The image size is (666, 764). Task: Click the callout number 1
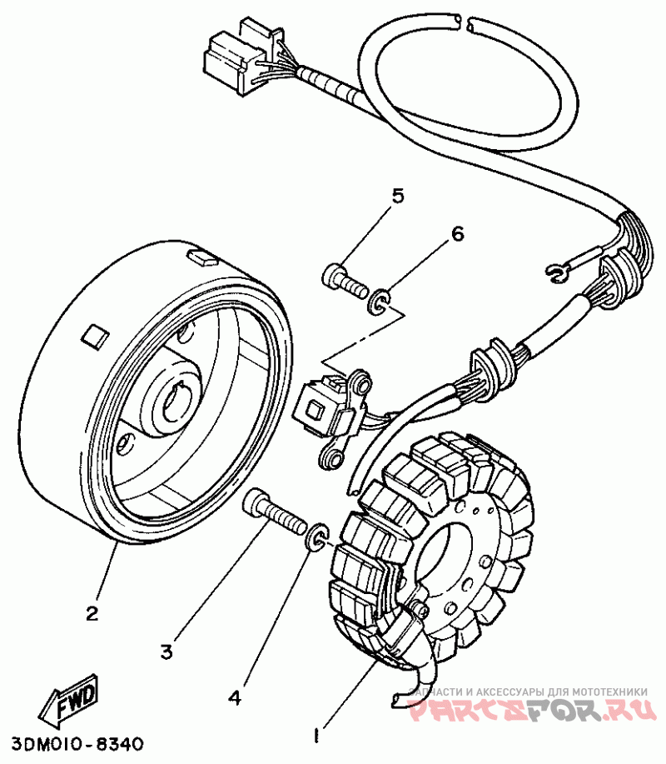(316, 736)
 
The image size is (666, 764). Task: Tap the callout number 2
(93, 614)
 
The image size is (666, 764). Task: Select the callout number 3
(166, 652)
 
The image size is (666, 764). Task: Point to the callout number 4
(236, 696)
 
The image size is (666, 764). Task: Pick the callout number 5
(398, 197)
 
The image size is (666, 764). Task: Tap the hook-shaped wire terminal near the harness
(557, 270)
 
